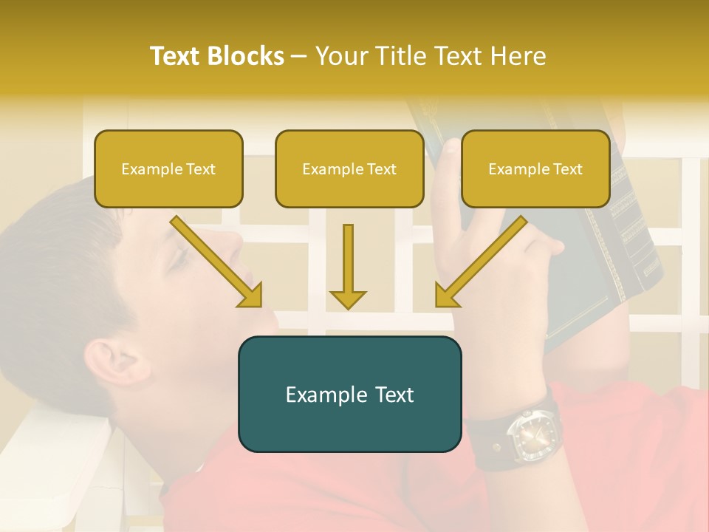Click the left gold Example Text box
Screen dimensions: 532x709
(x=168, y=168)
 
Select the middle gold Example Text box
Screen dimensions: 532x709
(x=349, y=168)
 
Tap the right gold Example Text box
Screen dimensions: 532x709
(x=535, y=168)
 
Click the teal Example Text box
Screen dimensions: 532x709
(x=349, y=394)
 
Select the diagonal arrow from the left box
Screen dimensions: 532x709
(x=216, y=262)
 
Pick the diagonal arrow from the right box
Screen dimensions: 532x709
(x=481, y=262)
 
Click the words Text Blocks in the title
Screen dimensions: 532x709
(x=216, y=56)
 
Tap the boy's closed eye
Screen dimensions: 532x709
(x=177, y=259)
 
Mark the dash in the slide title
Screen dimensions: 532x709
(x=299, y=57)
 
